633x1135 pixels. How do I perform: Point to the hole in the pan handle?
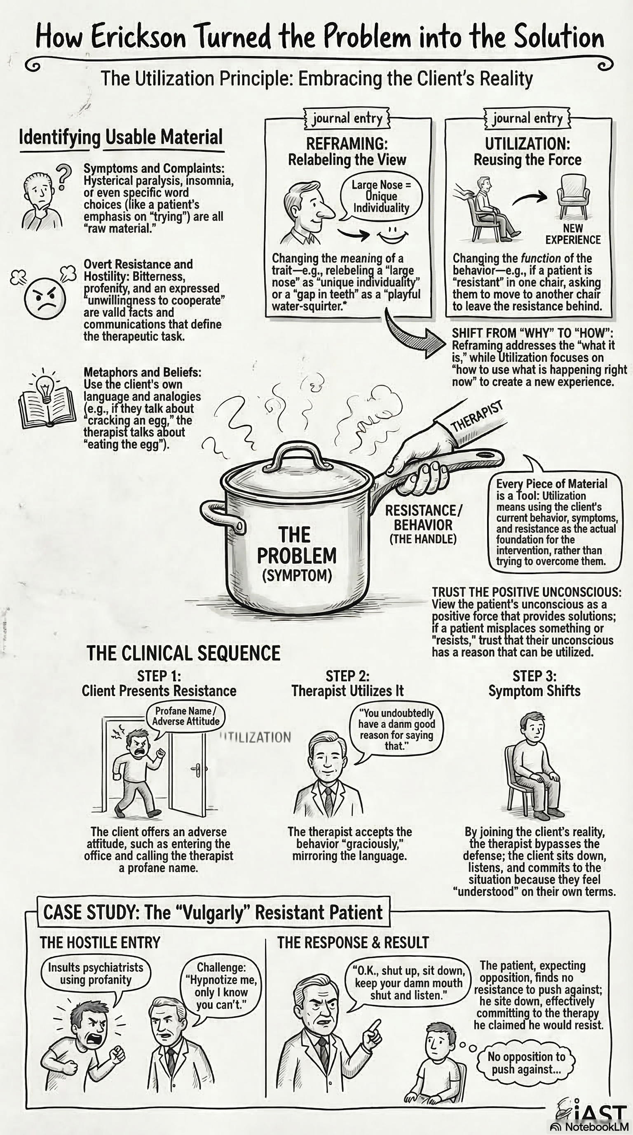pos(486,454)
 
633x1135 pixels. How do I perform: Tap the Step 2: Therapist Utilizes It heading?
pos(347,683)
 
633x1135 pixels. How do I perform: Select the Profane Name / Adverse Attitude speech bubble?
pos(185,716)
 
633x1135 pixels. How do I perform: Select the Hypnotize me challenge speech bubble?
pos(221,986)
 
